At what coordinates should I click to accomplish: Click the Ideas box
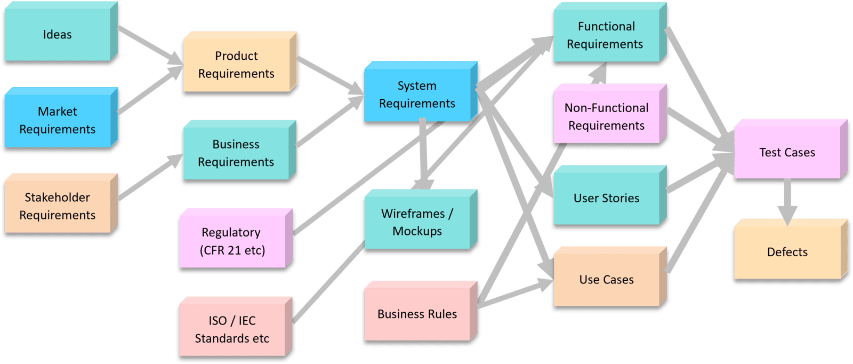click(58, 35)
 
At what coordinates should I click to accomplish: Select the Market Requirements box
click(58, 121)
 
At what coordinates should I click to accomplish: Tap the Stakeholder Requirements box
click(58, 207)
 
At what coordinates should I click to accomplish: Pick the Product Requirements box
click(236, 65)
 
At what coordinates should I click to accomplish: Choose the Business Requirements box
click(236, 153)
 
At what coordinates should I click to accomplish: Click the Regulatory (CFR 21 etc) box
click(232, 241)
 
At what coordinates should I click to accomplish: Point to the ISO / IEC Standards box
click(232, 329)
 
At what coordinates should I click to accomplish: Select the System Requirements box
click(417, 94)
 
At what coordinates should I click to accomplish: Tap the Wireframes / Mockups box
click(417, 223)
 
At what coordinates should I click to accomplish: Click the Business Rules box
click(417, 314)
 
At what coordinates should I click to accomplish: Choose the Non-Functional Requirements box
click(606, 117)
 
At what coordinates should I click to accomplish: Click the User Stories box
click(606, 199)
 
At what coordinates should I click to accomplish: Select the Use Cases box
click(606, 280)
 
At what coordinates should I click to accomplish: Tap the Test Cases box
click(787, 153)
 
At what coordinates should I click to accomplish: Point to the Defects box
click(787, 252)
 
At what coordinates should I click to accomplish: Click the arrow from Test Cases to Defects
click(787, 200)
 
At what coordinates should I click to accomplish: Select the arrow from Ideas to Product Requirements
click(149, 45)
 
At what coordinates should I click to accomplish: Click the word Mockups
click(417, 232)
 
